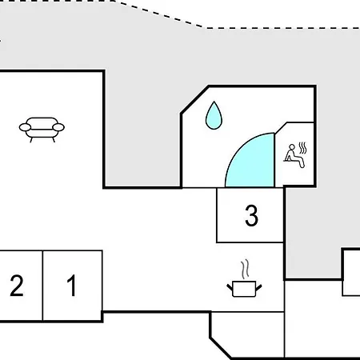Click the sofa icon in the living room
click(42, 130)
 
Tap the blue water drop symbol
click(214, 116)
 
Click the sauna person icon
click(294, 156)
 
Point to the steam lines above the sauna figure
click(303, 148)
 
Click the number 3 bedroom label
click(251, 215)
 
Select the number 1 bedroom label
click(72, 286)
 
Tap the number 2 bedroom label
click(17, 286)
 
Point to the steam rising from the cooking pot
click(245, 269)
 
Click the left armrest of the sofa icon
click(25, 127)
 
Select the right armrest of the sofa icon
click(58, 127)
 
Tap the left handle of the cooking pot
click(230, 287)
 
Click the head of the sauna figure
click(292, 147)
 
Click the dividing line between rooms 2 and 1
click(42, 286)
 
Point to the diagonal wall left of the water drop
click(195, 100)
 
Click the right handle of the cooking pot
click(258, 287)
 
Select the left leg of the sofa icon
click(31, 140)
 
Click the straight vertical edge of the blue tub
click(274, 160)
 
